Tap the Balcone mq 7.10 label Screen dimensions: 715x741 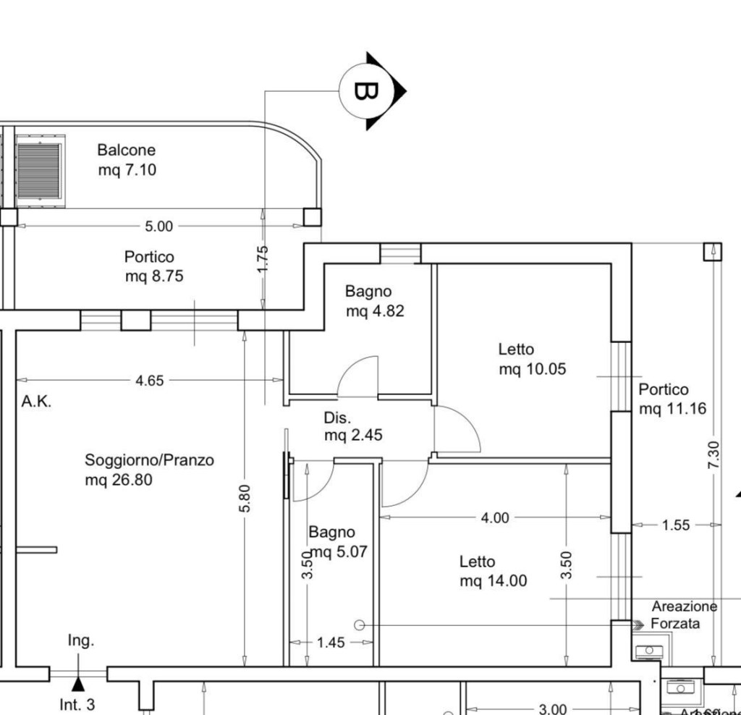pyautogui.click(x=127, y=160)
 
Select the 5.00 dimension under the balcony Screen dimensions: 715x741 pyautogui.click(x=159, y=226)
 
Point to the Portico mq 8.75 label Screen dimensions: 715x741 pyautogui.click(x=149, y=266)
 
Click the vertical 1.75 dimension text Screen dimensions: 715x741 pyautogui.click(x=263, y=259)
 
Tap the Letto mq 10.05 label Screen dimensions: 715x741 pyautogui.click(x=532, y=359)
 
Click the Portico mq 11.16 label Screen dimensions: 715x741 pyautogui.click(x=672, y=399)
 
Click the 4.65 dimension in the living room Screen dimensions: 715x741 pyautogui.click(x=150, y=380)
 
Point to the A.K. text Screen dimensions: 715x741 pyautogui.click(x=36, y=402)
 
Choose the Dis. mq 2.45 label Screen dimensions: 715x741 pyautogui.click(x=352, y=426)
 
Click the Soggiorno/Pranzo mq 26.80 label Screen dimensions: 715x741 pyautogui.click(x=149, y=469)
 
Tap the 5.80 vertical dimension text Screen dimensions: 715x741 pyautogui.click(x=245, y=499)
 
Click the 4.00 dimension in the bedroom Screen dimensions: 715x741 pyautogui.click(x=495, y=517)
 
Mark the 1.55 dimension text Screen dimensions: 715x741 pyautogui.click(x=676, y=525)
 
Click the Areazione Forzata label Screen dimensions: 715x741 pyautogui.click(x=684, y=614)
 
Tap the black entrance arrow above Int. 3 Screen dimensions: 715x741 pyautogui.click(x=78, y=684)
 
